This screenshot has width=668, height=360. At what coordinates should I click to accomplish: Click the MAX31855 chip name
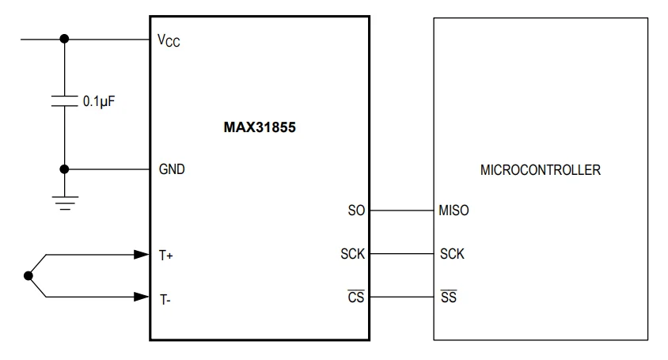[259, 126]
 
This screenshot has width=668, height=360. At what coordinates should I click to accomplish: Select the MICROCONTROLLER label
[541, 169]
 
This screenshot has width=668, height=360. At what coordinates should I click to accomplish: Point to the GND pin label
[172, 169]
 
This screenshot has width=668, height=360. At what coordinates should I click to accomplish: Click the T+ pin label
[165, 255]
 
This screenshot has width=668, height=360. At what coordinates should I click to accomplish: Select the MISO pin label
[454, 211]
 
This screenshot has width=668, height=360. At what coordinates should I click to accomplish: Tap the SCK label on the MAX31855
[351, 255]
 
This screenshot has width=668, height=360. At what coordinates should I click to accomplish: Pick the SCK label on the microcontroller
[452, 255]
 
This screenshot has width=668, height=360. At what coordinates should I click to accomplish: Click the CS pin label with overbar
[355, 297]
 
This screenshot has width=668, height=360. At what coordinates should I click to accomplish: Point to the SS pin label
[447, 297]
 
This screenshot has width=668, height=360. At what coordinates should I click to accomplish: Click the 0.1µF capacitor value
[100, 101]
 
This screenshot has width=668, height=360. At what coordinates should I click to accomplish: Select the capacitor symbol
[65, 101]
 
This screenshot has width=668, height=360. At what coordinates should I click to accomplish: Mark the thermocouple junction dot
[29, 276]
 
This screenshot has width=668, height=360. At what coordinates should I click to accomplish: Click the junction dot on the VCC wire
[65, 38]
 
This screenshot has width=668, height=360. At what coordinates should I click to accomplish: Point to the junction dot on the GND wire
[65, 169]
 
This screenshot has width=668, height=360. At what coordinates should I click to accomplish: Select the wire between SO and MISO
[402, 210]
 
